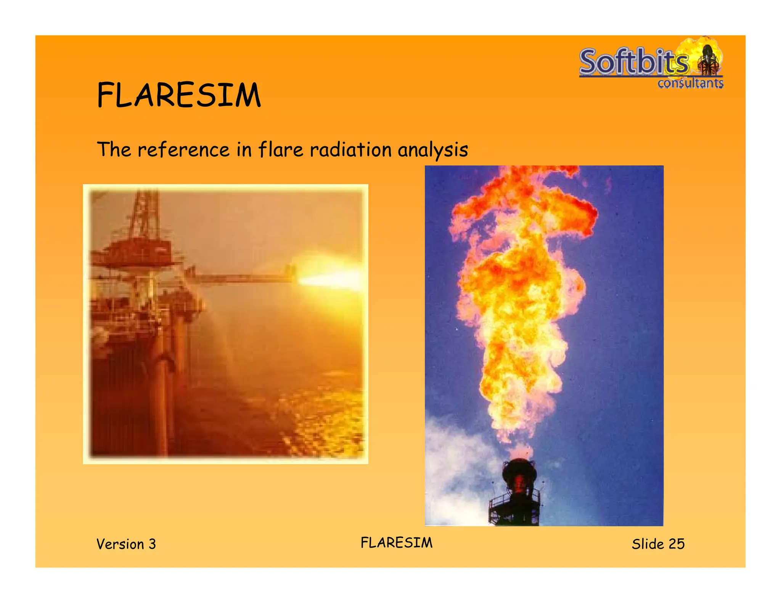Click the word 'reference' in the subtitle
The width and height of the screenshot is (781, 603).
point(183,149)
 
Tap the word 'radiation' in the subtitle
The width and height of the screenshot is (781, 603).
point(350,149)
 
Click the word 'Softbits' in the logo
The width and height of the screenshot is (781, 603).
point(633,62)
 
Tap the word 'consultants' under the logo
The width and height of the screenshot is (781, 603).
point(690,83)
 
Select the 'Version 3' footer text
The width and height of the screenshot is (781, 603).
point(126,544)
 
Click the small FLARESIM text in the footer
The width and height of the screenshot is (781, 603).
point(397,543)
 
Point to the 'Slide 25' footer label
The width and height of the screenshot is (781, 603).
point(658,544)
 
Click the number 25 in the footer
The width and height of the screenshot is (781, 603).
point(677,544)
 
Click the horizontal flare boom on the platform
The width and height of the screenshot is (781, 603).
point(244,278)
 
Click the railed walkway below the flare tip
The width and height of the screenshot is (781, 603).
point(515,503)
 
